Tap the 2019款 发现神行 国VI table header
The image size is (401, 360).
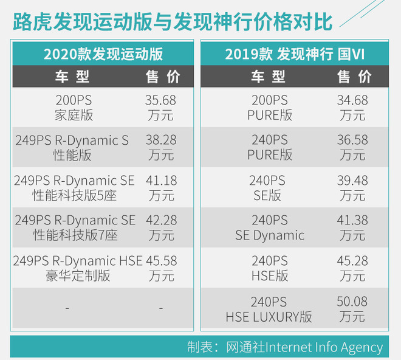[x=295, y=54]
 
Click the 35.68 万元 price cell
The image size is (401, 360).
[x=161, y=107]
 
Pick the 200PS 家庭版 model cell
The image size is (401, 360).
[x=72, y=107]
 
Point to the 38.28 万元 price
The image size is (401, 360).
[x=161, y=147]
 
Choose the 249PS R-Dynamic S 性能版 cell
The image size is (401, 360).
[x=72, y=147]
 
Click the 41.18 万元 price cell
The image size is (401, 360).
[x=161, y=187]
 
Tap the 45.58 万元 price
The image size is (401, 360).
[x=161, y=268]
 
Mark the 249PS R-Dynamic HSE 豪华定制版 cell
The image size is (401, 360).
[x=78, y=268]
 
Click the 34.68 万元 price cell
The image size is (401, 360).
[x=352, y=107]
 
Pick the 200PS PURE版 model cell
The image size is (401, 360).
[x=270, y=107]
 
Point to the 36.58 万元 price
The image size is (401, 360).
[x=352, y=147]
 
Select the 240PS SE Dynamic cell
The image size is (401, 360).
[x=270, y=227]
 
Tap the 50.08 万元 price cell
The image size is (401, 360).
[x=352, y=308]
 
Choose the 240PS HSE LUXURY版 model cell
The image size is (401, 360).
[x=270, y=308]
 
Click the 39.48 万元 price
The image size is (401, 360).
[x=352, y=187]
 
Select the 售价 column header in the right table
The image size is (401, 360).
[x=354, y=77]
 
